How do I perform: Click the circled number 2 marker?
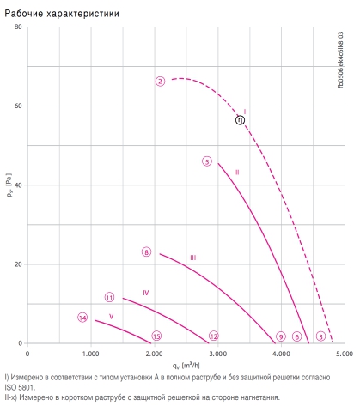point(160,82)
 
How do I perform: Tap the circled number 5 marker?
point(207,161)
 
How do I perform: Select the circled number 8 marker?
point(146,252)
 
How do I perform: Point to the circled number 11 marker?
point(109,298)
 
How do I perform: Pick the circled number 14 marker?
point(82,318)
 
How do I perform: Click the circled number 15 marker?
point(156,336)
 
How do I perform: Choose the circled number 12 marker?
point(214,336)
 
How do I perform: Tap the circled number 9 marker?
point(281,336)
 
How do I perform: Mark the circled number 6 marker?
point(297,336)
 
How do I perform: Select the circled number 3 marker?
point(320,336)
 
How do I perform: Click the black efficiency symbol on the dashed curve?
point(240,120)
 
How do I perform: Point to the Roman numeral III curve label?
point(193,258)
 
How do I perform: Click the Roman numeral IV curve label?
point(146,293)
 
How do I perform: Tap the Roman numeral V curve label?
point(112,317)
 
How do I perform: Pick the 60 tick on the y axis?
point(18,106)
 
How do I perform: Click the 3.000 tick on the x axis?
point(217,354)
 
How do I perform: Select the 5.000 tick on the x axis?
point(345,354)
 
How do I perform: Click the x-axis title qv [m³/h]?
point(186,366)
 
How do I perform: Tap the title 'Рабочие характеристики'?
point(62,14)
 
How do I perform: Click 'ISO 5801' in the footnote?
point(20,388)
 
